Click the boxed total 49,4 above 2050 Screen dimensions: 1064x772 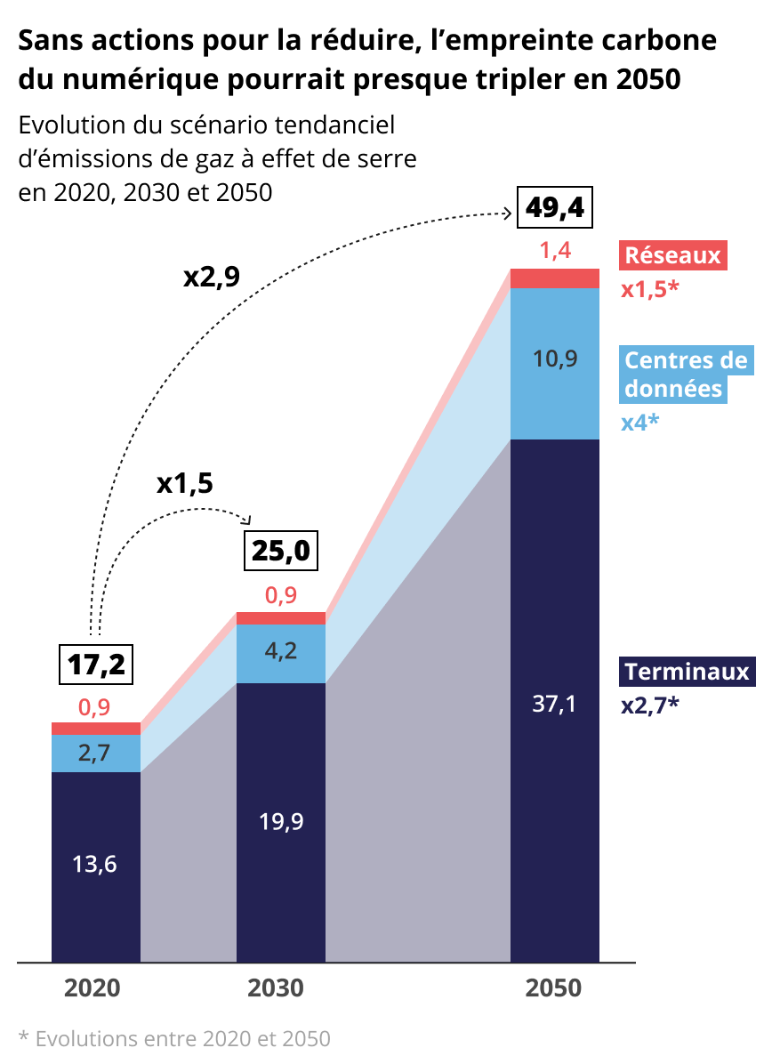tap(556, 208)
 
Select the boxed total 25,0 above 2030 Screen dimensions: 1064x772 tap(280, 552)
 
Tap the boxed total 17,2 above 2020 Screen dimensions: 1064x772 tap(96, 663)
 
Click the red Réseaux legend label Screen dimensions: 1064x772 tap(672, 256)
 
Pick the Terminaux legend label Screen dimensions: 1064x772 tap(687, 672)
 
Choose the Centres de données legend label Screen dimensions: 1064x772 tap(685, 375)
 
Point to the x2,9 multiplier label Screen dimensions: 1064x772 tap(212, 277)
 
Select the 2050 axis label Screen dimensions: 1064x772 tap(554, 988)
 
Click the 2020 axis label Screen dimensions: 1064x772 tap(93, 988)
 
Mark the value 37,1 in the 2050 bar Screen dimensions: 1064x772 tap(554, 705)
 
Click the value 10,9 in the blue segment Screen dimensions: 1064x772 tap(555, 359)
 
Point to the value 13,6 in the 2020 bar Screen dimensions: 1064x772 tap(95, 864)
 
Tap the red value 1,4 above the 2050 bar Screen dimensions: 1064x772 tap(555, 251)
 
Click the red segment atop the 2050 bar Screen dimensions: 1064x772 tap(555, 278)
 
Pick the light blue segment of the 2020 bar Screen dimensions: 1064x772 tap(96, 754)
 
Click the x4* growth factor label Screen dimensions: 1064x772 tap(639, 422)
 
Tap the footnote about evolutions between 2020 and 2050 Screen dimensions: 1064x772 tap(174, 1038)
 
